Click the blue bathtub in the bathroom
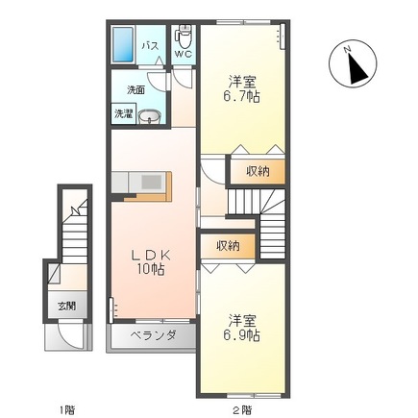click(123, 44)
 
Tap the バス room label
click(151, 46)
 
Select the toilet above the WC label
click(184, 37)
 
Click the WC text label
click(184, 54)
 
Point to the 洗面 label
click(135, 90)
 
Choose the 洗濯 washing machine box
click(124, 113)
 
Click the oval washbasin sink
click(150, 116)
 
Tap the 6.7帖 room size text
click(242, 96)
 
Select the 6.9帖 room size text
click(242, 335)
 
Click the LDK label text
click(151, 256)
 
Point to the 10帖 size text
click(151, 270)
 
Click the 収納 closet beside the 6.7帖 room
click(258, 172)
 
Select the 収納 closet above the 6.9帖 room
click(228, 246)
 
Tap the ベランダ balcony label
click(153, 335)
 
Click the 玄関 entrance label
click(67, 306)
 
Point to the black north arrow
click(357, 69)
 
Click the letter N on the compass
click(347, 49)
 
